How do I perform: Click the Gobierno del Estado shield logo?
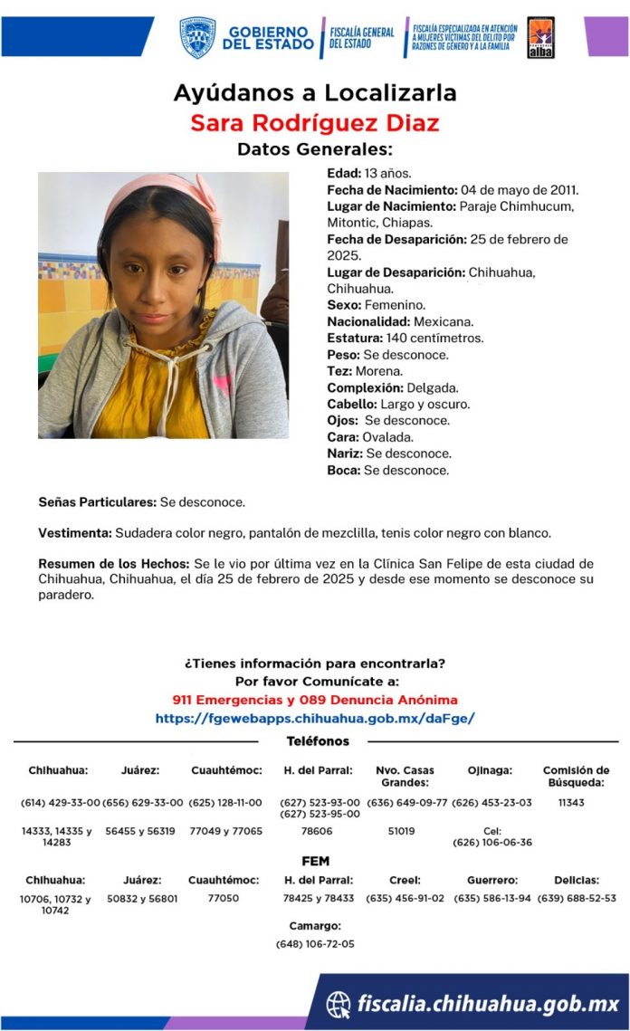point(196,37)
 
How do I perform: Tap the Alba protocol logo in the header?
point(540,37)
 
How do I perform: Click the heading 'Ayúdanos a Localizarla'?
point(315,92)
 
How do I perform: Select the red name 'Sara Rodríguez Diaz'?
point(314,122)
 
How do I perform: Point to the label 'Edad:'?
point(344,172)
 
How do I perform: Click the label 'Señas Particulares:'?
point(98,501)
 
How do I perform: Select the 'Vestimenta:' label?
point(75,532)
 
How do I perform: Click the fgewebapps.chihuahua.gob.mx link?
point(315,718)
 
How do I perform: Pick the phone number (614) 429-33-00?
point(60,803)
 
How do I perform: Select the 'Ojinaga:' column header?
point(490,770)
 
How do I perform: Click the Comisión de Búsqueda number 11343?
point(575,803)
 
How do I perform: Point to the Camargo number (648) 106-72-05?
point(315,944)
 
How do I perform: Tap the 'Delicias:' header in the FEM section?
point(576,880)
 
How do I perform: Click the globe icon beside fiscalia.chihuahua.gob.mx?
point(339,1004)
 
